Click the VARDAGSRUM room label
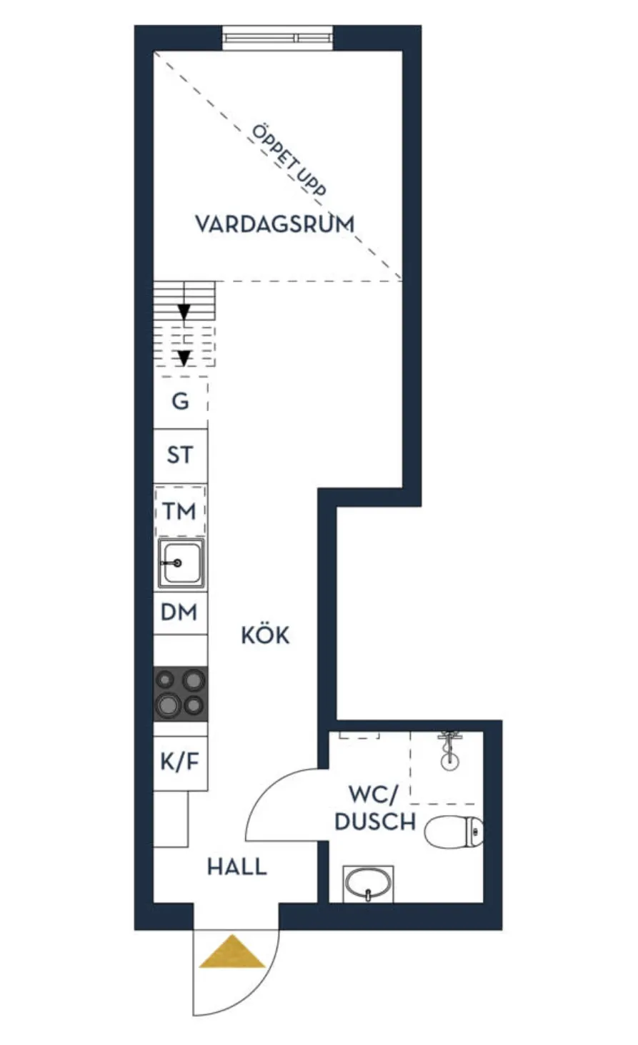[274, 223]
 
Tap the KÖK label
[265, 635]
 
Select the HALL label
[236, 867]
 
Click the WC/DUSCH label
[374, 807]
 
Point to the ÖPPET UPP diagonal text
[289, 161]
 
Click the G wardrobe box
[181, 401]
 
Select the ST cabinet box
[180, 455]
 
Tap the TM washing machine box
[180, 511]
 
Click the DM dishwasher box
[179, 612]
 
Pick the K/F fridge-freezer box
[179, 762]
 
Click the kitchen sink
[180, 563]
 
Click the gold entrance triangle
[232, 954]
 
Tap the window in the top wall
[277, 38]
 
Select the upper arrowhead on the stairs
[184, 312]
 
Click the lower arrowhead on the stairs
[184, 357]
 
